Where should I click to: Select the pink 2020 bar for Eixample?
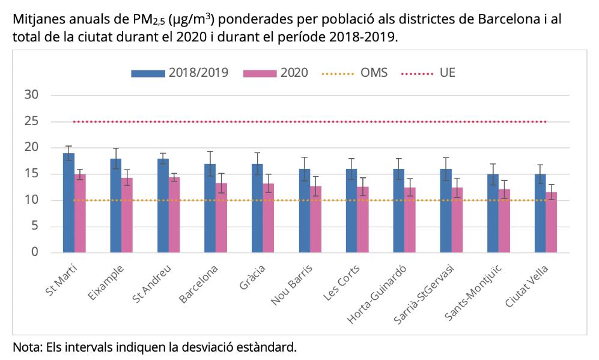[x=127, y=215]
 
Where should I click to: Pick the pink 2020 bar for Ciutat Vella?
[x=551, y=222]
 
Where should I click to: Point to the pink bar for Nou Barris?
[x=315, y=219]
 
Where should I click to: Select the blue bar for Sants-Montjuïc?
[x=493, y=213]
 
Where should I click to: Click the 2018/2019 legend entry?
[x=180, y=73]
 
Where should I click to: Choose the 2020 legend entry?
[x=276, y=73]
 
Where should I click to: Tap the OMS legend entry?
[x=355, y=73]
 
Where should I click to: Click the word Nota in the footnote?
[x=25, y=347]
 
